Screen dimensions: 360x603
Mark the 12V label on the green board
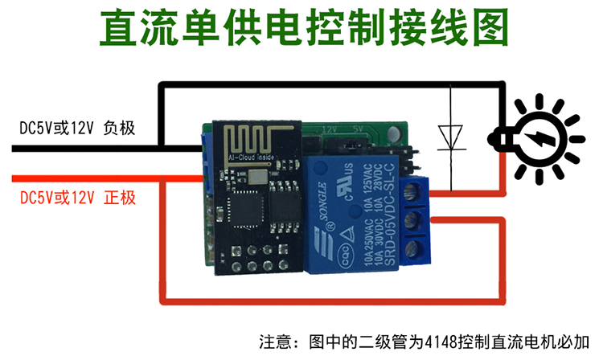[x=328, y=129]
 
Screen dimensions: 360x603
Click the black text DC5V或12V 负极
[x=76, y=128]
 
